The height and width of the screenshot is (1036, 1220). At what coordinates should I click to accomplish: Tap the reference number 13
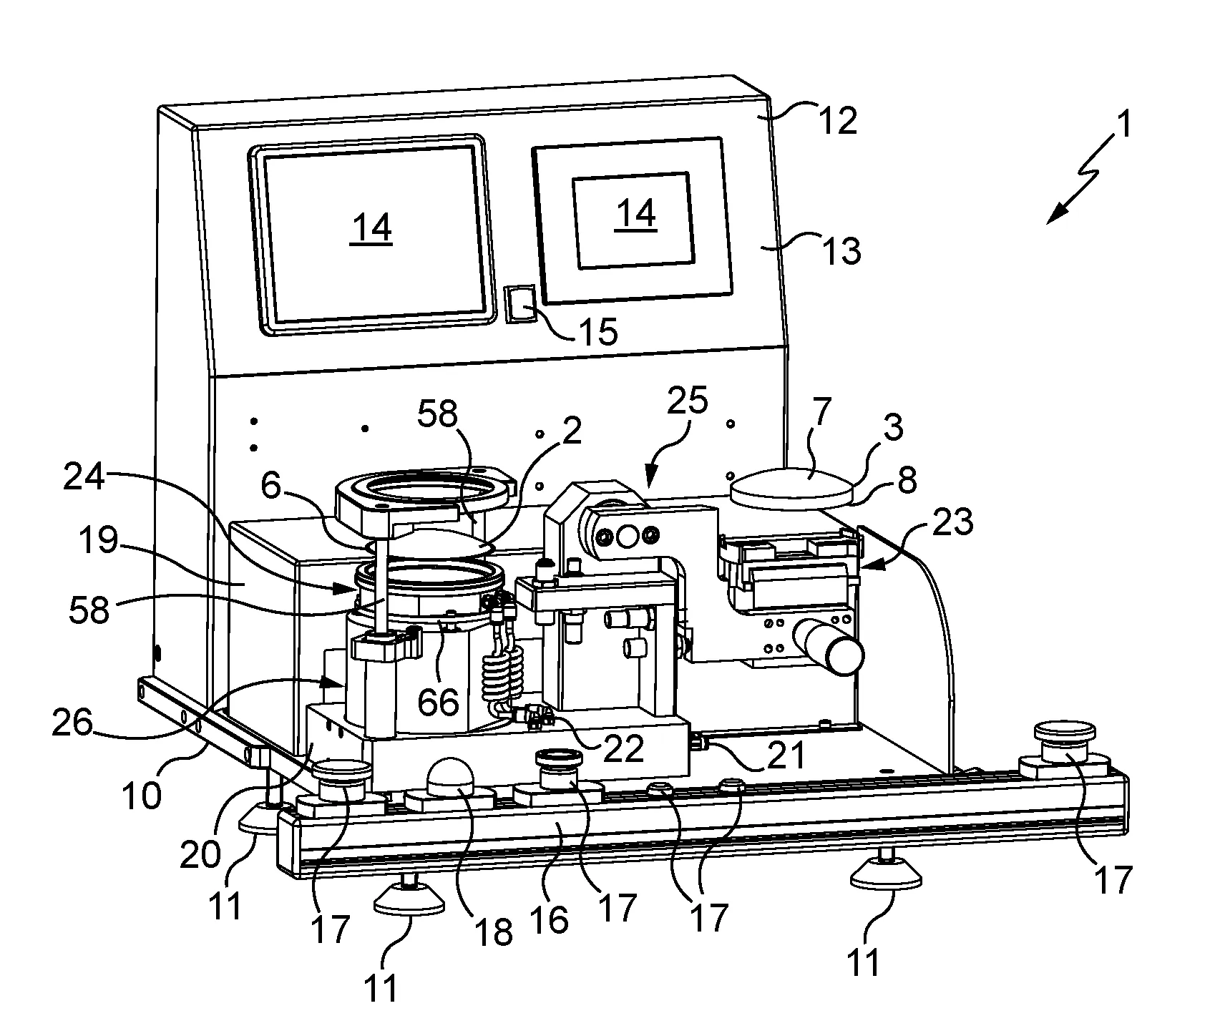(841, 251)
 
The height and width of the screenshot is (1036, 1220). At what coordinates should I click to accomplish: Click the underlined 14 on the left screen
(372, 228)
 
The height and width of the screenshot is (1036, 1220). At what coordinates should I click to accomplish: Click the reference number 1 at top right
(1124, 127)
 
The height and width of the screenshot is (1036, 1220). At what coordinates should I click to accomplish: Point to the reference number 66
(438, 702)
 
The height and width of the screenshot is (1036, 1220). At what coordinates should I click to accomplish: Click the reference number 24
(84, 479)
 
